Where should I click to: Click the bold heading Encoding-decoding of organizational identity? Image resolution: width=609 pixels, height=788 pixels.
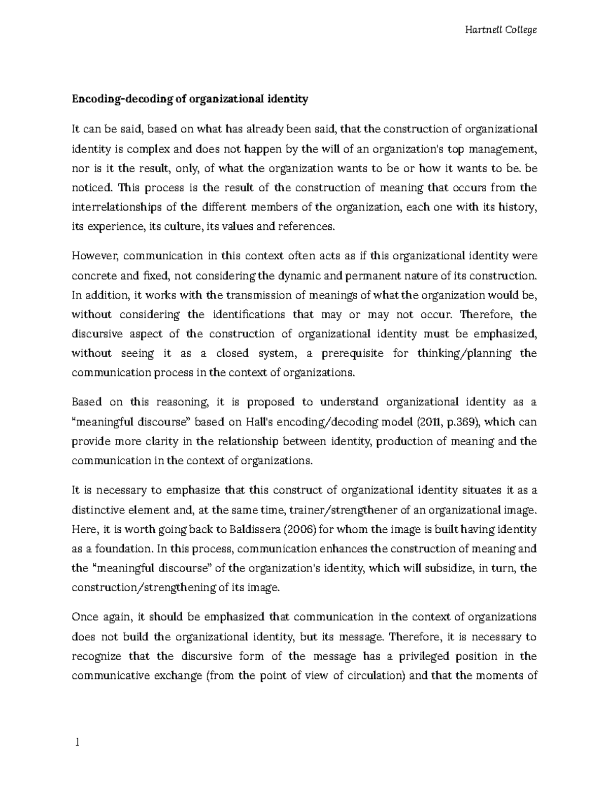[x=190, y=99]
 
